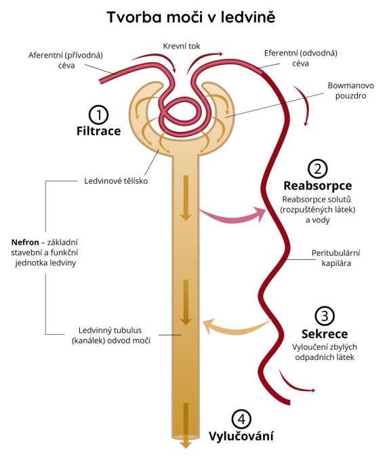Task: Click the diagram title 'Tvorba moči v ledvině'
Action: (x=191, y=17)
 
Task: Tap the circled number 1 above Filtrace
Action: (x=98, y=115)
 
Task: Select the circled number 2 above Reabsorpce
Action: (x=318, y=168)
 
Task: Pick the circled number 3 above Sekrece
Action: (x=325, y=317)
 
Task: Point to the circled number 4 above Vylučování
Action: (x=241, y=419)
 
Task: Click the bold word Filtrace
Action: (x=99, y=131)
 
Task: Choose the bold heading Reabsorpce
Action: (x=318, y=186)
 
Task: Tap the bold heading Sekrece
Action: (x=325, y=334)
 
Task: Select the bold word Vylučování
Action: (x=241, y=436)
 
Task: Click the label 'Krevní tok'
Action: (x=182, y=46)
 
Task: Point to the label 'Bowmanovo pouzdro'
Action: (x=351, y=91)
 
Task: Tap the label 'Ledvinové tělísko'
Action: (x=116, y=181)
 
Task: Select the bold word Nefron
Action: (x=25, y=242)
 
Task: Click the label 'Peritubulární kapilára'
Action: (x=336, y=258)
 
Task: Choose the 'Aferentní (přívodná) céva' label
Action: (x=66, y=60)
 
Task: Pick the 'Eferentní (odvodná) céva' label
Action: (x=301, y=58)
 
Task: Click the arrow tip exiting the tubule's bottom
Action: (x=186, y=448)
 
